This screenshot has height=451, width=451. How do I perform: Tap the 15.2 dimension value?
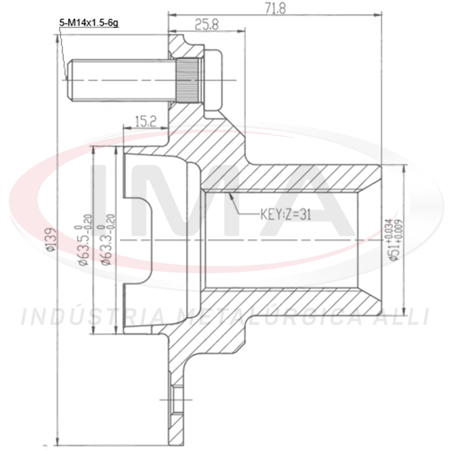pos(145,122)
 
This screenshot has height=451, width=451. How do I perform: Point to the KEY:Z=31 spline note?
pos(286,215)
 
